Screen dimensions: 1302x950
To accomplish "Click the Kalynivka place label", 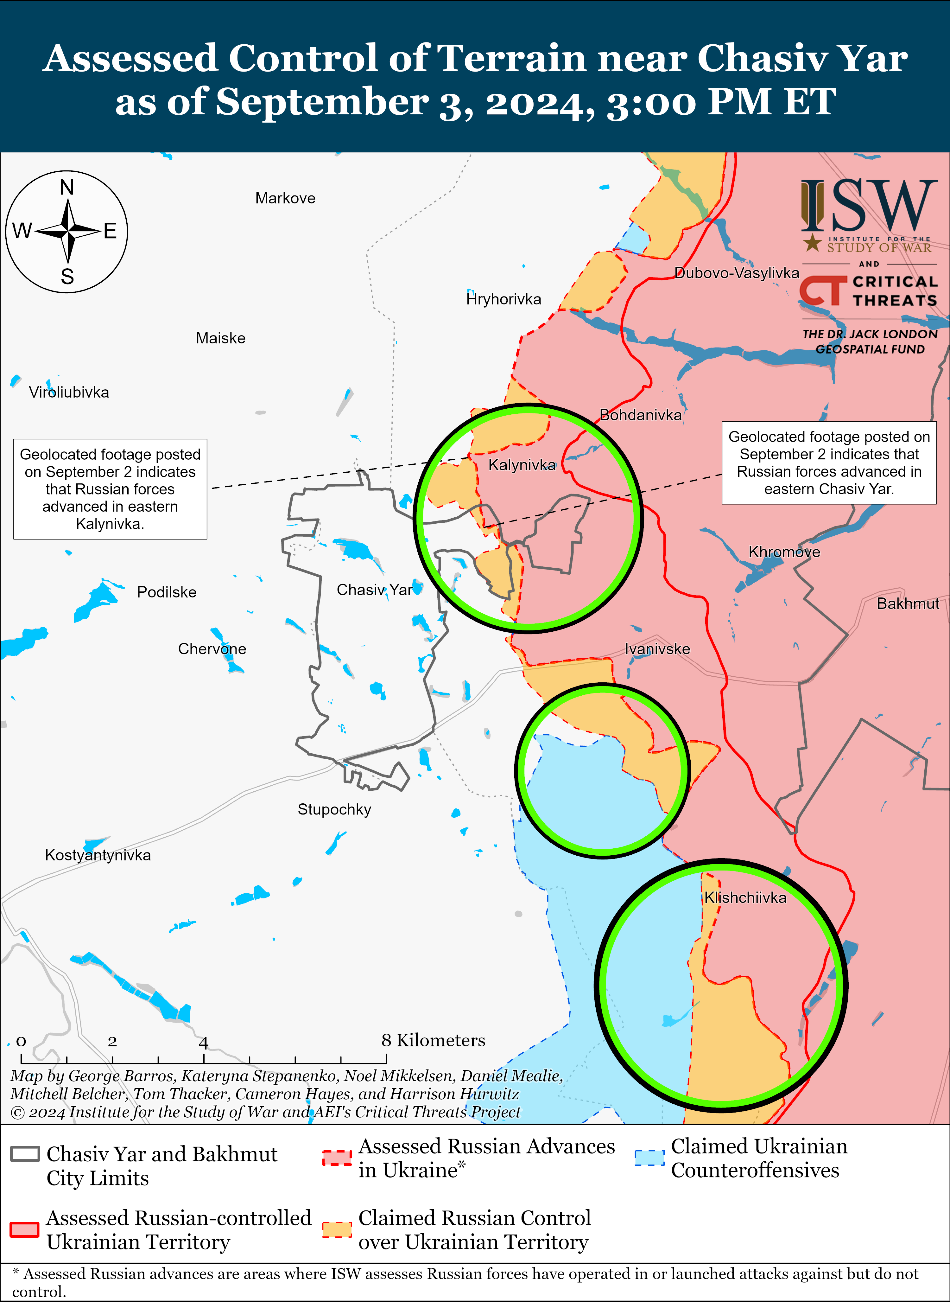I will coord(522,465).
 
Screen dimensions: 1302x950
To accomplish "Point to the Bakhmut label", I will coord(908,603).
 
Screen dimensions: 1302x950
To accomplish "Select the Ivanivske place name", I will coord(657,649).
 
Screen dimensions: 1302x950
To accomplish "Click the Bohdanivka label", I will coord(640,415).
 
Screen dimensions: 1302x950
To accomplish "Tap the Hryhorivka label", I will coord(504,299).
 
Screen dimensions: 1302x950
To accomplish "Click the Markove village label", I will coord(285,199).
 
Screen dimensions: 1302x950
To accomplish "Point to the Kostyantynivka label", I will coord(98,855).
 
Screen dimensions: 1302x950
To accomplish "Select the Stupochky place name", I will coord(334,809).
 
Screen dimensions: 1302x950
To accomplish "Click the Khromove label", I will coord(784,552).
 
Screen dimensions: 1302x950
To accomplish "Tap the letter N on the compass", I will coord(67,188).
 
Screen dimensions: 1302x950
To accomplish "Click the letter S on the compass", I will coord(67,277).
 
